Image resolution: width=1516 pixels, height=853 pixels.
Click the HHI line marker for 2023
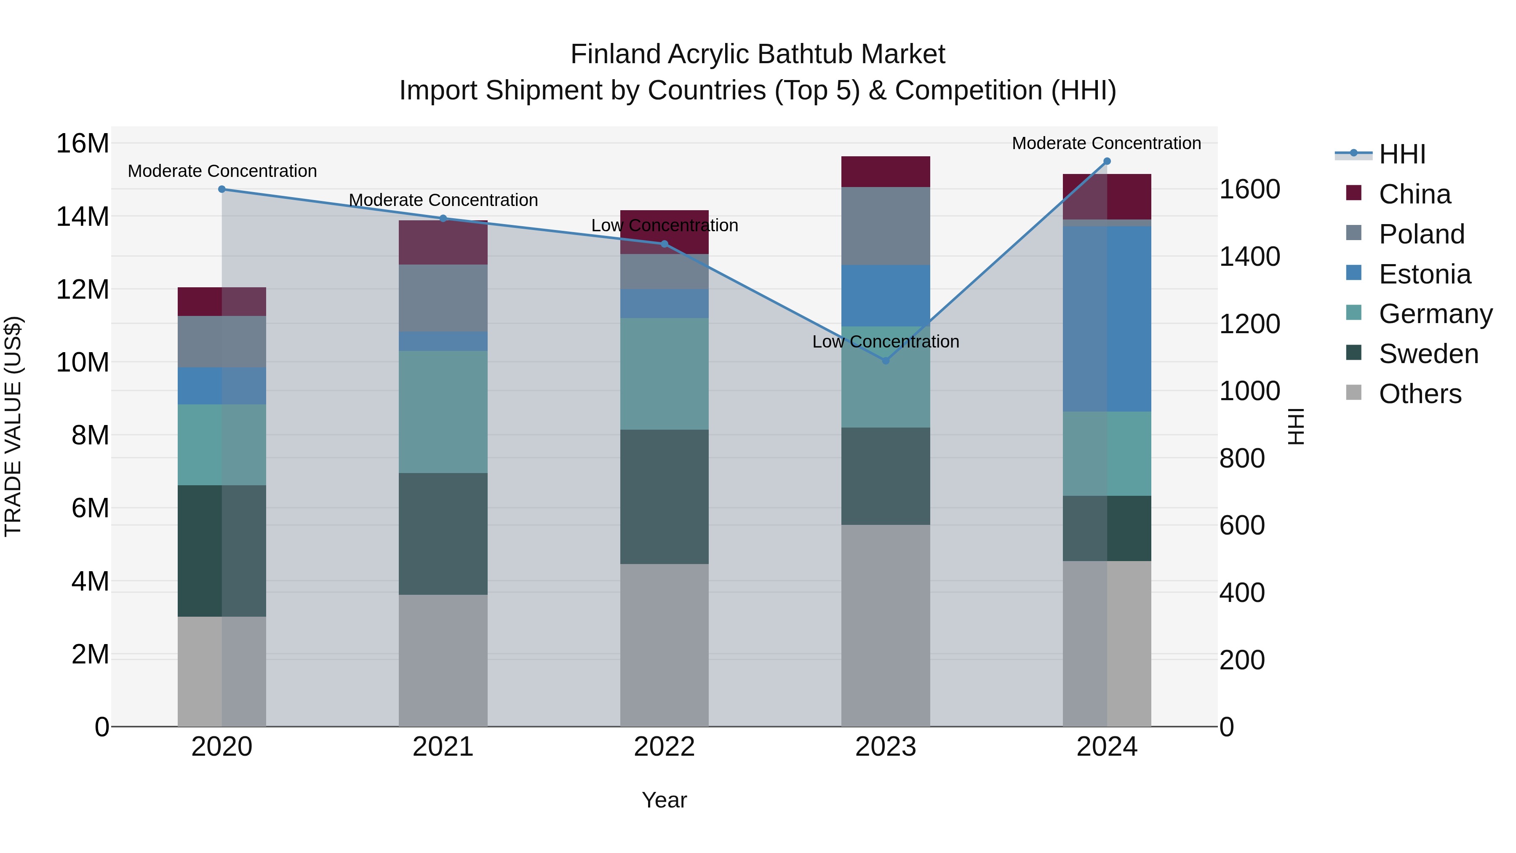pyautogui.click(x=886, y=360)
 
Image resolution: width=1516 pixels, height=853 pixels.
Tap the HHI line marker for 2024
pyautogui.click(x=1107, y=161)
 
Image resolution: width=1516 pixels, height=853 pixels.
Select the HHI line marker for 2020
pyautogui.click(x=222, y=189)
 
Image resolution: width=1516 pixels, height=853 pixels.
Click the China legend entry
pyautogui.click(x=1414, y=194)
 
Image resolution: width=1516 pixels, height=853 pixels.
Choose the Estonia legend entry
pyautogui.click(x=1424, y=274)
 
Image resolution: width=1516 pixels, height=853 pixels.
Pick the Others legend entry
pyautogui.click(x=1420, y=394)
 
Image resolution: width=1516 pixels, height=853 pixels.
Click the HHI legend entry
pyautogui.click(x=1402, y=154)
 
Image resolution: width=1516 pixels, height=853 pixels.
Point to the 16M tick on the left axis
pyautogui.click(x=83, y=144)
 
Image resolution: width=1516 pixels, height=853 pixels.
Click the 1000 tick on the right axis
pyautogui.click(x=1249, y=391)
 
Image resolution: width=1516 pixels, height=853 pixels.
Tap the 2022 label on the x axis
pyautogui.click(x=665, y=747)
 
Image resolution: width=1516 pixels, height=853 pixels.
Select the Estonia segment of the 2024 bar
pyautogui.click(x=1107, y=318)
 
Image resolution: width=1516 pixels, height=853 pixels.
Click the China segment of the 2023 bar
pyautogui.click(x=886, y=172)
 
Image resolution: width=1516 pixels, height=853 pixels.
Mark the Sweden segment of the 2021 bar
pyautogui.click(x=443, y=533)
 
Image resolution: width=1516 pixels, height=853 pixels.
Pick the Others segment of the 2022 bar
pyautogui.click(x=665, y=644)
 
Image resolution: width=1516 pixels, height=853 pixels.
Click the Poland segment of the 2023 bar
pyautogui.click(x=886, y=226)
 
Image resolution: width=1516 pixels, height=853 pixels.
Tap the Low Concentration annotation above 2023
pyautogui.click(x=886, y=342)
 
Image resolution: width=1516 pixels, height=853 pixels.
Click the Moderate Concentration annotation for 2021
pyautogui.click(x=443, y=200)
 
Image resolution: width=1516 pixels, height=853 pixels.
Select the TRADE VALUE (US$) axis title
pyautogui.click(x=13, y=426)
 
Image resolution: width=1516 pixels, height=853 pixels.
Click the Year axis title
pyautogui.click(x=665, y=800)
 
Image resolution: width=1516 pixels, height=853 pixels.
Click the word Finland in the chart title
pyautogui.click(x=616, y=54)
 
